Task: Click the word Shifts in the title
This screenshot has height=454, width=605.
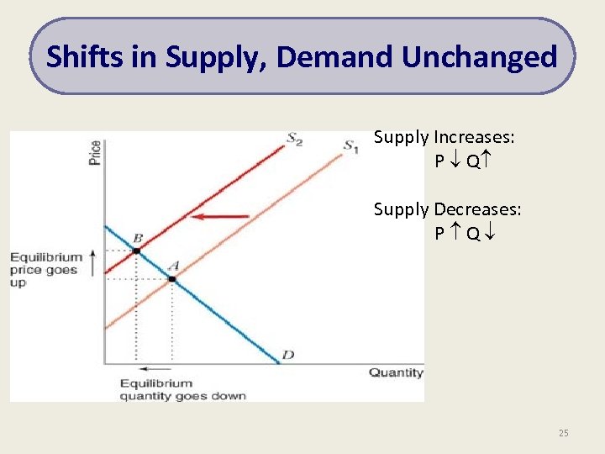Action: tap(76, 57)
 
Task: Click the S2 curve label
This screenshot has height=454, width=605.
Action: tap(294, 140)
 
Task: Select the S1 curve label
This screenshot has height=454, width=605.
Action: tap(352, 145)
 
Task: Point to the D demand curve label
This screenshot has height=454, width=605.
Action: tap(288, 355)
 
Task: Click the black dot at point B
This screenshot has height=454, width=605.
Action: tap(136, 251)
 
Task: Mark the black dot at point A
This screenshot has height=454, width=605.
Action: tap(172, 278)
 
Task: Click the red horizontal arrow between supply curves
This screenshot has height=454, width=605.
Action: tap(220, 217)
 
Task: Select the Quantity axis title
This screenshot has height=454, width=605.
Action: tap(396, 372)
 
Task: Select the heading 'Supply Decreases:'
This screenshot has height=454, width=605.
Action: tap(447, 209)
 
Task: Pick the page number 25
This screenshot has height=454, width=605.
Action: tap(563, 433)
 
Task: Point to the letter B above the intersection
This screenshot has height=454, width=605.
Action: tap(137, 239)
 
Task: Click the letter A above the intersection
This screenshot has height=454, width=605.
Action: tap(174, 266)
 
